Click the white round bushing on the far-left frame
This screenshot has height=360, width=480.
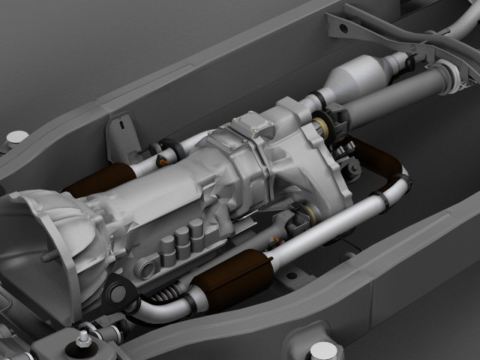[x=16, y=137]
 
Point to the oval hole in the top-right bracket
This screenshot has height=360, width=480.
[x=343, y=28]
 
